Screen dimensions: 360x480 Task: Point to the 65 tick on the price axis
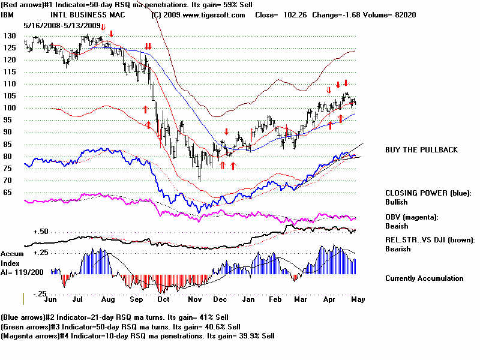8,193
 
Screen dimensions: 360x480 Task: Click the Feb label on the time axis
275,298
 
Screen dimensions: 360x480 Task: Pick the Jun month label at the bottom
52,298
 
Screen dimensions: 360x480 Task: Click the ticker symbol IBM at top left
7,14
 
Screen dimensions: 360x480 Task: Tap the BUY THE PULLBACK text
421,149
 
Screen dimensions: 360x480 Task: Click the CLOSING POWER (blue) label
428,193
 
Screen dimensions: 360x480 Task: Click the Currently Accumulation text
424,278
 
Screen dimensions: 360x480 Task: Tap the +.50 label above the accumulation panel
40,232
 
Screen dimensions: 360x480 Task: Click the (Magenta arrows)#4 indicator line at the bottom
138,336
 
